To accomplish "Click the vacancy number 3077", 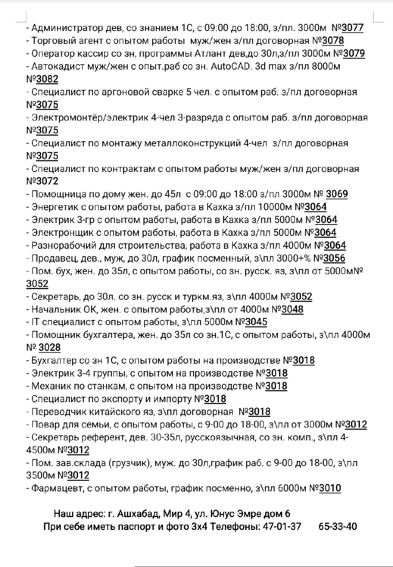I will pyautogui.click(x=352, y=28).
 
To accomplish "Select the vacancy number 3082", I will pyautogui.click(x=47, y=79).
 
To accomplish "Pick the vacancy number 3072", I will pyautogui.click(x=47, y=181).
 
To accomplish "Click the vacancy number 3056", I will pyautogui.click(x=334, y=259).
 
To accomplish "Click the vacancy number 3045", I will pyautogui.click(x=256, y=322).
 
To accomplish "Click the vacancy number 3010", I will pyautogui.click(x=330, y=488).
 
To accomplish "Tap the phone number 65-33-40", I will pyautogui.click(x=338, y=527).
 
